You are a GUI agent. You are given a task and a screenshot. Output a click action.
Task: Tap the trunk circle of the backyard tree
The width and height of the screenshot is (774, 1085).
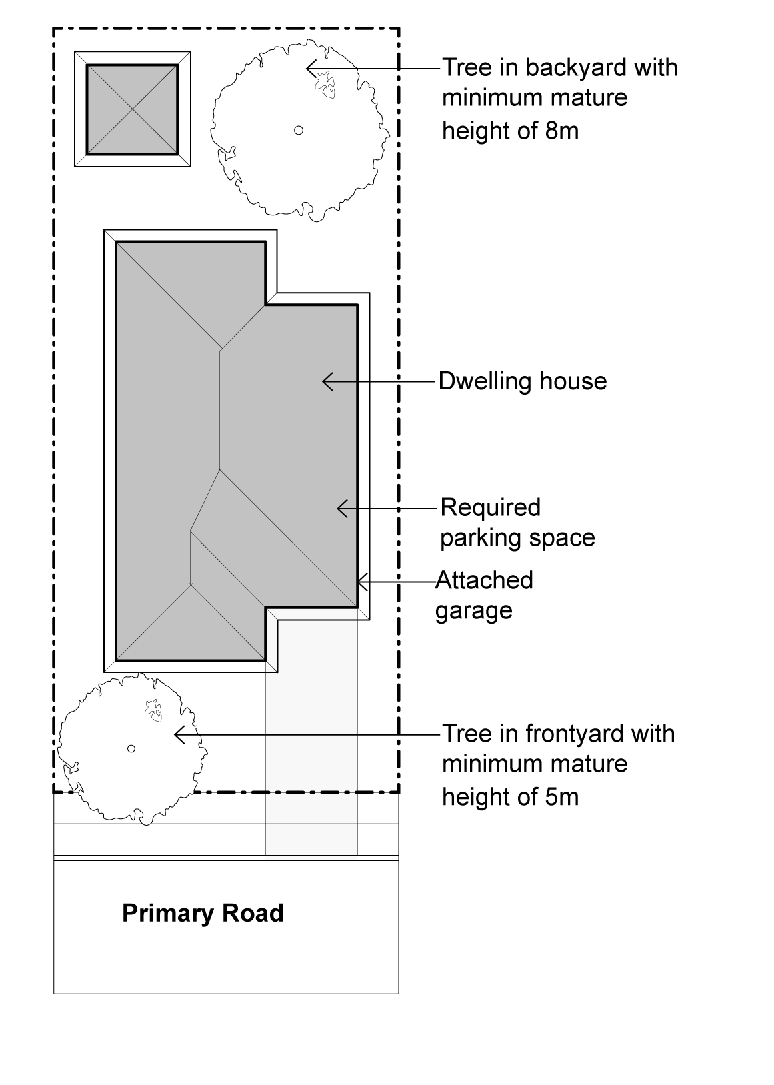299,130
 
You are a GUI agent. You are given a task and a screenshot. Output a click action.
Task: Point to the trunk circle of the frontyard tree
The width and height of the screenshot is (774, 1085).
131,748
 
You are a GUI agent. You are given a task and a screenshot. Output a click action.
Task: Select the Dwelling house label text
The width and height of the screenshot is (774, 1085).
522,381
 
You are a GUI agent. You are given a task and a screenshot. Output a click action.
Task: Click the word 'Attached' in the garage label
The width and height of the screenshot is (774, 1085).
484,580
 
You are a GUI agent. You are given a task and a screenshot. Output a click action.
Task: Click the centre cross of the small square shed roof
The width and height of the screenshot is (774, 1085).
132,109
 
